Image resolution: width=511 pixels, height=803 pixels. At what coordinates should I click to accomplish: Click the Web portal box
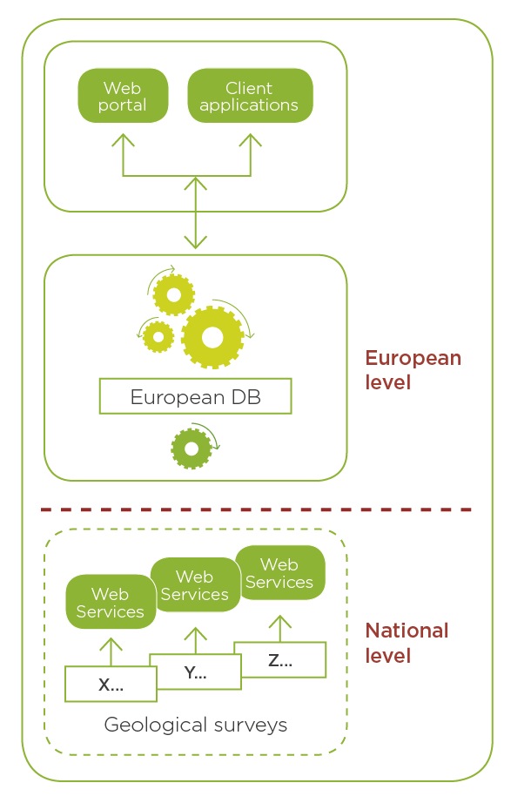coord(123,96)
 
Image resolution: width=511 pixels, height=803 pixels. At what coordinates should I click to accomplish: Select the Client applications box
coord(250,96)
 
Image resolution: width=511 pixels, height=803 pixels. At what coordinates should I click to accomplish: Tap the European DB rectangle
coord(195,396)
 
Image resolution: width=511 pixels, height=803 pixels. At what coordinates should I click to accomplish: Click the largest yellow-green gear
coord(212,337)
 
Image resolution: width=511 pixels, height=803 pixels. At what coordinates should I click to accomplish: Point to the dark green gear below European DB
coord(191,449)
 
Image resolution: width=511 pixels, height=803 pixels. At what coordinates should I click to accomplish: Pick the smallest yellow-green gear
coord(158,337)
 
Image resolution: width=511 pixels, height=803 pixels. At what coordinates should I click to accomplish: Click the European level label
coord(414,370)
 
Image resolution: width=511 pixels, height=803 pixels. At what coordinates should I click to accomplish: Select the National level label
coord(407,643)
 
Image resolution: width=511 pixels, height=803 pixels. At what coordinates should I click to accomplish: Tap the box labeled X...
coord(111,685)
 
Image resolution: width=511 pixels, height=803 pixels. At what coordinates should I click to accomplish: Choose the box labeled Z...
coord(280,659)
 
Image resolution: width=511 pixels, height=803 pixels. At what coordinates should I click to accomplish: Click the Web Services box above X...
coord(110,603)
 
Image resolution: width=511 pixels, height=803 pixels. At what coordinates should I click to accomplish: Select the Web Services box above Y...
coord(196,585)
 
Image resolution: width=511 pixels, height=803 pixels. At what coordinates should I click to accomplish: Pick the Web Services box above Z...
coord(279,572)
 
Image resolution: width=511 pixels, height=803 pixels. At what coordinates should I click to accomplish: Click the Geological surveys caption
coord(196,725)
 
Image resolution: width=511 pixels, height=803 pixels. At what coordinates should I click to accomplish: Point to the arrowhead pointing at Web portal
coord(123,139)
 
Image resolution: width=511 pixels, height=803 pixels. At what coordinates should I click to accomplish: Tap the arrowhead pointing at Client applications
coord(251,139)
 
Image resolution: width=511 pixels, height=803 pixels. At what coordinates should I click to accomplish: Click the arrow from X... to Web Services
coord(111,651)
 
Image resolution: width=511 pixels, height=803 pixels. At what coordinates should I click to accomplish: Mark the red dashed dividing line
coord(256,509)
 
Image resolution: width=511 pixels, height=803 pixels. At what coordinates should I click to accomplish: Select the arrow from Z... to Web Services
coord(280,628)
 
